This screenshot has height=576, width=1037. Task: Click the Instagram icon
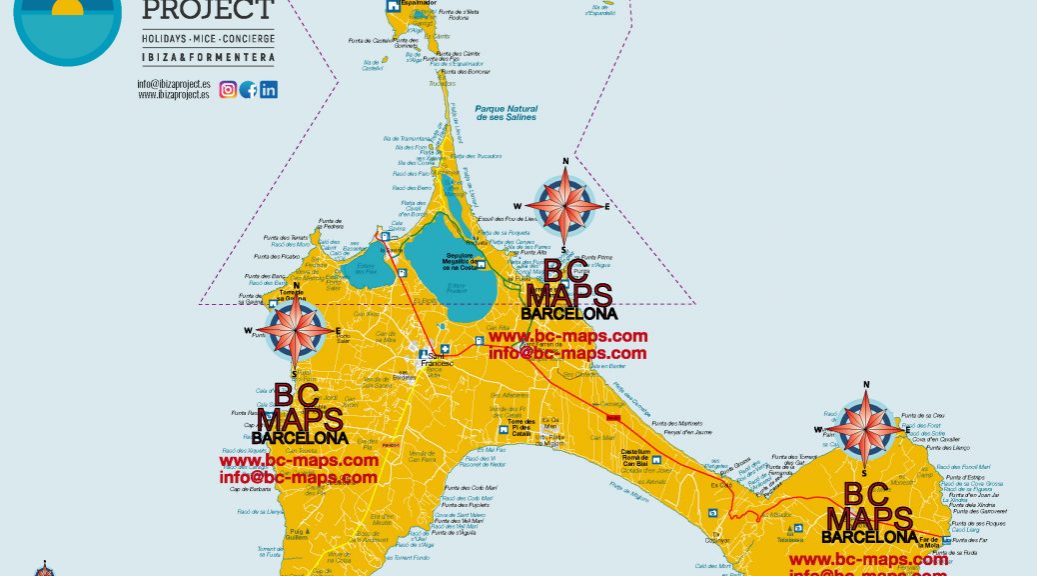point(228,90)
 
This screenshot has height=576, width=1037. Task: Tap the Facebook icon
point(248,90)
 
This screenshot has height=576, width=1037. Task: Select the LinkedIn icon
point(268,90)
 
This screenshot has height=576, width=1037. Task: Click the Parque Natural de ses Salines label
point(506,113)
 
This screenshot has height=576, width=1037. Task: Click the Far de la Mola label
point(929,543)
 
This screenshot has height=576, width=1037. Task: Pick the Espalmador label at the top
point(419,4)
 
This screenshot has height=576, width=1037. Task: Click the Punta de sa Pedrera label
point(330,223)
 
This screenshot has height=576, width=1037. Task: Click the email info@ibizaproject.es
point(174,84)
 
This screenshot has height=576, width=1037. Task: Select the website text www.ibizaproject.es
point(174,95)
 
